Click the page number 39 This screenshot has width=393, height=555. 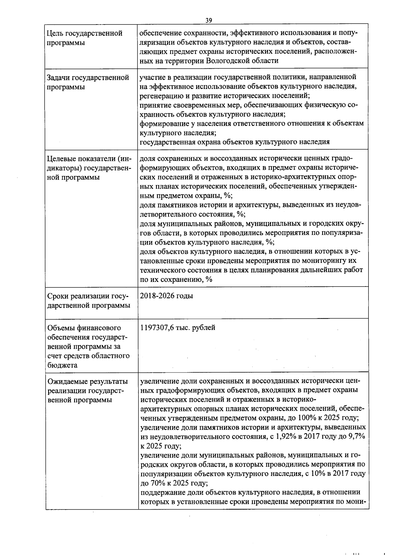(209, 20)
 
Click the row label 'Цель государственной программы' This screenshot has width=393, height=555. (85, 38)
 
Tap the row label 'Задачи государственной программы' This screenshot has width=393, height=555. (88, 82)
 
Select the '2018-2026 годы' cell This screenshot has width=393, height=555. (166, 296)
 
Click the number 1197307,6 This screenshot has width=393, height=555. (157, 327)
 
